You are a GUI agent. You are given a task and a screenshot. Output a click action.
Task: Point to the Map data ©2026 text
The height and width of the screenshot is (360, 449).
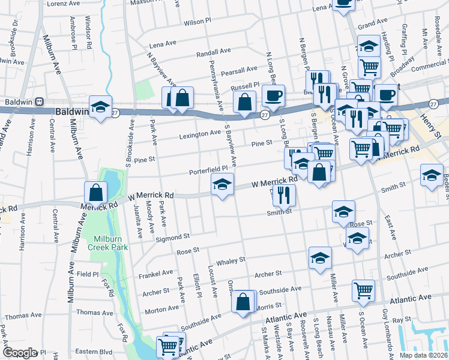[423, 355]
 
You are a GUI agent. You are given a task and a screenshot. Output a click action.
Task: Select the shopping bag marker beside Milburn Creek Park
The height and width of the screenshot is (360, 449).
[95, 193]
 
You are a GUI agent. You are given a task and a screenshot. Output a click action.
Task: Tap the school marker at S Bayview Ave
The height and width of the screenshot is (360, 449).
[222, 185]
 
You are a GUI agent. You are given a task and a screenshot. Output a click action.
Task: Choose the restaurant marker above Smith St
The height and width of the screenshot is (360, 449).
[283, 194]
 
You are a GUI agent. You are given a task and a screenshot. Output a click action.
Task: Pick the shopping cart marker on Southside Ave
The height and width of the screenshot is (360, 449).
[364, 291]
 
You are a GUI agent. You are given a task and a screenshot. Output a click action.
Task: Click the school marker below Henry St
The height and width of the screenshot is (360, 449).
[432, 176]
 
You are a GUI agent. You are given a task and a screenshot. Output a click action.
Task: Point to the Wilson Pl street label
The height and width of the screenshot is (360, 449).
[197, 22]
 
